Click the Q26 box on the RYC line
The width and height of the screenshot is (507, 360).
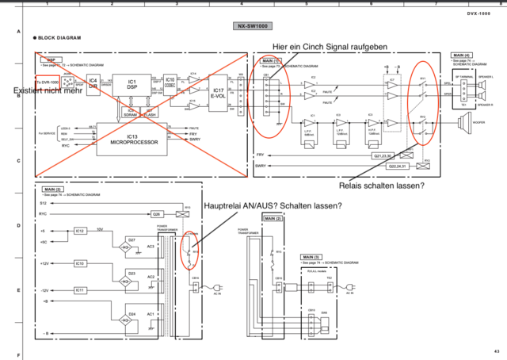(x=157, y=213)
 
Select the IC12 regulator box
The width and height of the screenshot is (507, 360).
(x=80, y=231)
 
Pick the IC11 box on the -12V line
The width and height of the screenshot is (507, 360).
(x=80, y=290)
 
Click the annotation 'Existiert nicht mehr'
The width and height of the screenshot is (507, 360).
(x=52, y=92)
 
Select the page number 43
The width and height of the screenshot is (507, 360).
(x=496, y=350)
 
